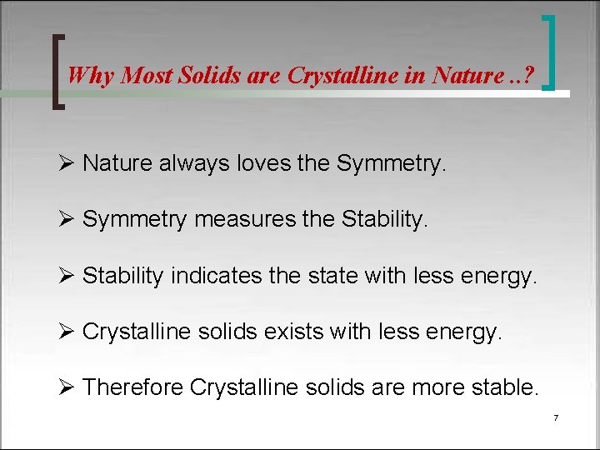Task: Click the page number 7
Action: tap(555, 417)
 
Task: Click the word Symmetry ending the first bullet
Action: tap(391, 163)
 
